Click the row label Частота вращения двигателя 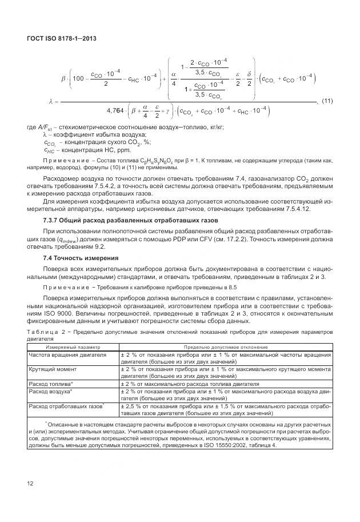pyautogui.click(x=67, y=354)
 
